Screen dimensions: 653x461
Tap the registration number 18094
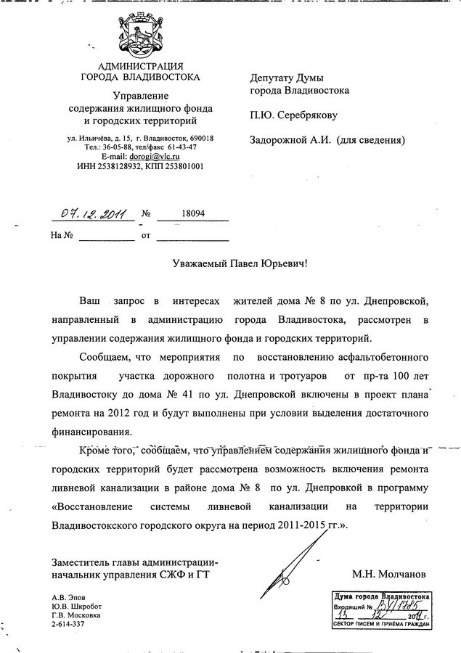pos(192,215)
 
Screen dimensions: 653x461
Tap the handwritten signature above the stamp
pos(290,559)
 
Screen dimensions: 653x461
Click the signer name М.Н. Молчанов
pos(389,575)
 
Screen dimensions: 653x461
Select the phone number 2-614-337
pos(68,623)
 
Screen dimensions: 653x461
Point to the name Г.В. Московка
pos(76,615)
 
